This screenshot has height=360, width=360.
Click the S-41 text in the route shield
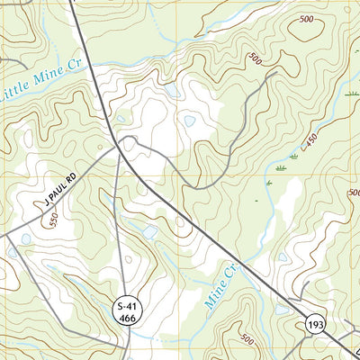[x=129, y=308]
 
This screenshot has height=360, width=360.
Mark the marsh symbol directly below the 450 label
[x=282, y=168]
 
